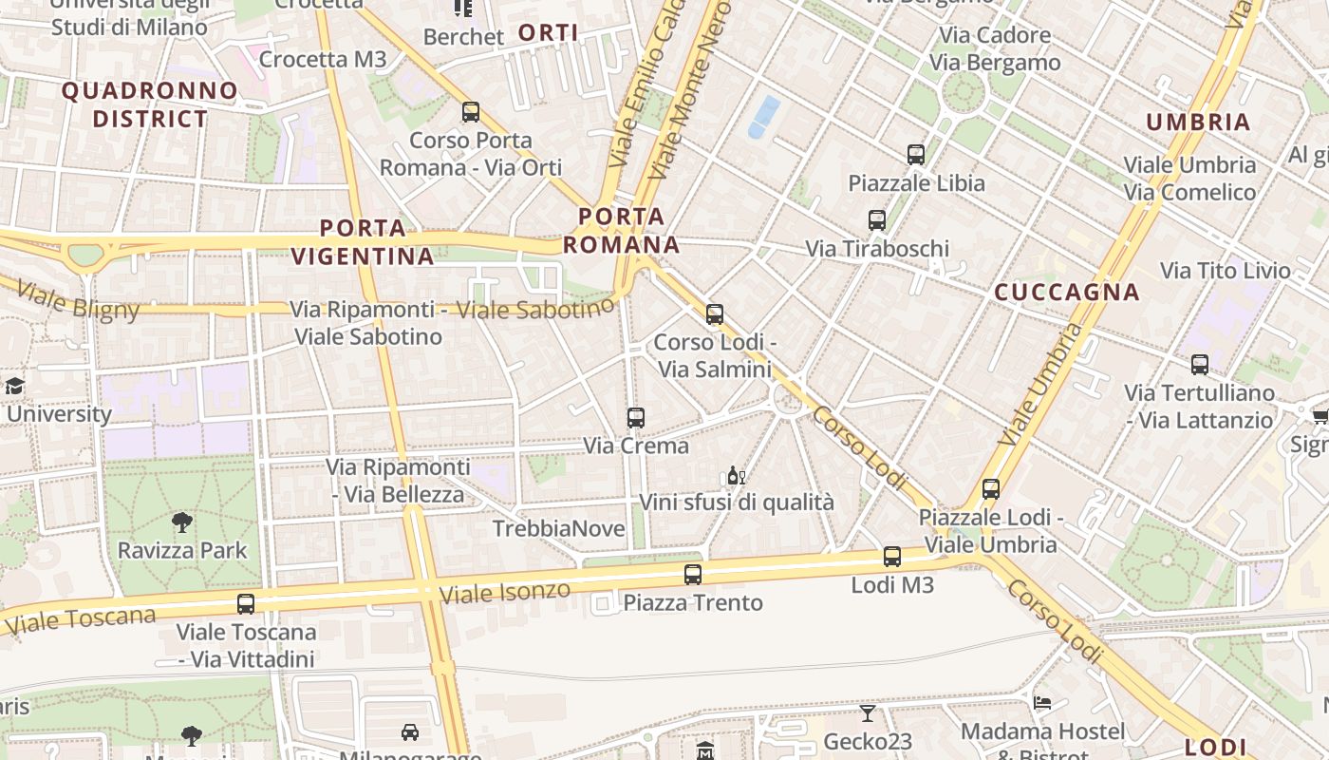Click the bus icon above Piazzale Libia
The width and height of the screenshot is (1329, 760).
916,154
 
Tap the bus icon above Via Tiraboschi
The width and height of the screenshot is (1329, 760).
877,220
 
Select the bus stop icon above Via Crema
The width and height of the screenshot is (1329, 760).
636,417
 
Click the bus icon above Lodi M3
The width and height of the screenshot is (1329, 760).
892,557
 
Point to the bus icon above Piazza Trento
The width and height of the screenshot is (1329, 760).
693,574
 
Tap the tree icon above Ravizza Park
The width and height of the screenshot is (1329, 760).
181,522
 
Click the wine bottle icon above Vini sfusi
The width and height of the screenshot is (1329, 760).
736,475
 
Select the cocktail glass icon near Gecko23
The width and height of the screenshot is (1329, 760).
868,712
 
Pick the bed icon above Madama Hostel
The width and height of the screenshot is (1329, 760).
1042,703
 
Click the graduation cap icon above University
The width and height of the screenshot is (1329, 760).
14,386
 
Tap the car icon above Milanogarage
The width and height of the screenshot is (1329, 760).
410,731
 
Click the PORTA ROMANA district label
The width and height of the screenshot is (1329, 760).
621,230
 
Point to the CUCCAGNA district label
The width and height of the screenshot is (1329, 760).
1067,292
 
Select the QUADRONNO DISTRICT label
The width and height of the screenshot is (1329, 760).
150,104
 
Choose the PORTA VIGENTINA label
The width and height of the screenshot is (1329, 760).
363,242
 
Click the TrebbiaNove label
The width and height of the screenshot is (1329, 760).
559,528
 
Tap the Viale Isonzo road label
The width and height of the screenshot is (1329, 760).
505,594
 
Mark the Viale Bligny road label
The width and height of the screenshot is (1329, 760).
79,300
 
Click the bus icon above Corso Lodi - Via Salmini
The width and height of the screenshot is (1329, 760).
715,313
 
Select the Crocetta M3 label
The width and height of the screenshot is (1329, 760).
323,60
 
